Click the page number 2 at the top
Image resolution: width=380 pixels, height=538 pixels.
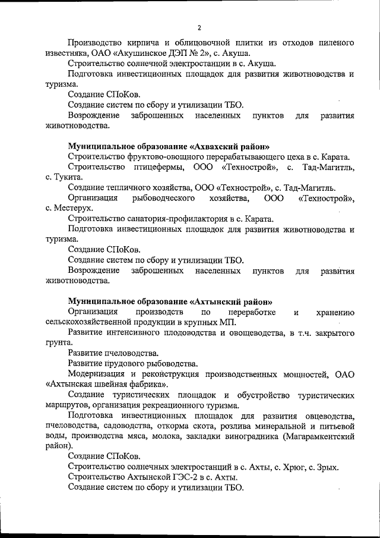coord(199,28)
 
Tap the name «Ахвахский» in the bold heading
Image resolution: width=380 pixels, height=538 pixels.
coord(218,146)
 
